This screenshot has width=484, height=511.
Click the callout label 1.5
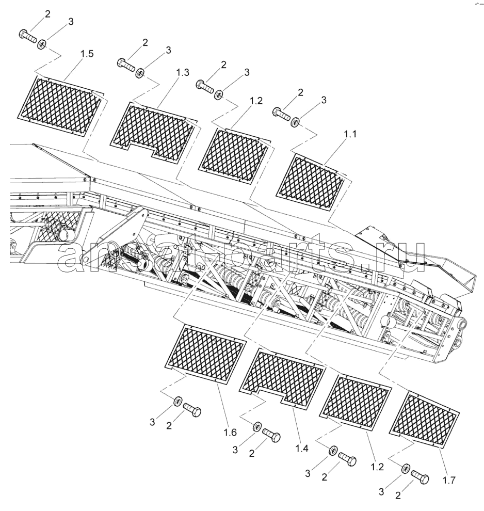point(87,54)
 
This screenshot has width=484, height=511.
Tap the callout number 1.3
point(183,72)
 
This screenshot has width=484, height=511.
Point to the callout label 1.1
point(350,134)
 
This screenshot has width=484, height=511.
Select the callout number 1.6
point(230,433)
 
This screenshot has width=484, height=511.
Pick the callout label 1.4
point(302,449)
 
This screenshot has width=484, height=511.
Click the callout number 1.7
point(448,480)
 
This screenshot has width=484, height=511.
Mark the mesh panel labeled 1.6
point(206,353)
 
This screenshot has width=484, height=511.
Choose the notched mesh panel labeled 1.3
point(154,132)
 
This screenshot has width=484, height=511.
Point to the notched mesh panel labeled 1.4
point(283,378)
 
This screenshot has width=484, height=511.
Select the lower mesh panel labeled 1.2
point(356,402)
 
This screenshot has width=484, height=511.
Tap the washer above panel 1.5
point(42,43)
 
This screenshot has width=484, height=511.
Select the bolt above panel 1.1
point(281,113)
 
